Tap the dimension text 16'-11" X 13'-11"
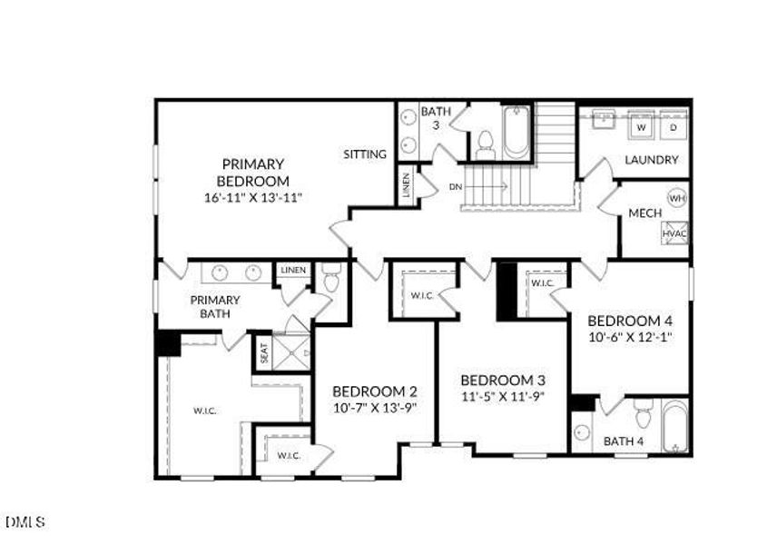coord(252,196)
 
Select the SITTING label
coord(364,154)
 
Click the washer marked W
coord(641,128)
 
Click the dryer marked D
coord(673,128)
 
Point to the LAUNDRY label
coord(651,160)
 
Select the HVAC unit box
coord(674,233)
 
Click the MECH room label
coord(644,213)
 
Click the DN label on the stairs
coord(455,187)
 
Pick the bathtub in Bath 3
coord(516,133)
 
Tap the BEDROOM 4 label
coord(629,321)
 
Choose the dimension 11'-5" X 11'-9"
coord(502,397)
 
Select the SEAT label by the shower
coord(264,352)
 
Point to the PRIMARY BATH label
coord(215,307)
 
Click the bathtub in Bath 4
coord(674,425)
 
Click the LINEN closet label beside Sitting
coord(406,186)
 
